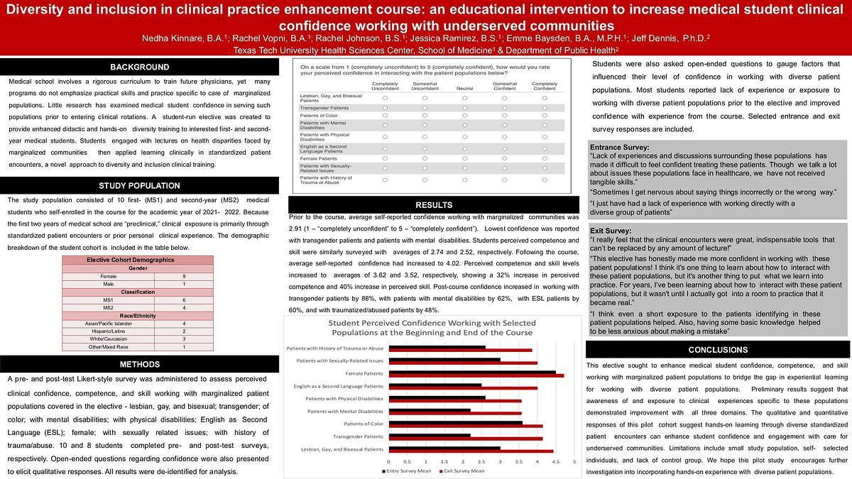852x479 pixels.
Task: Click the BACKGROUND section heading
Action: pyautogui.click(x=139, y=67)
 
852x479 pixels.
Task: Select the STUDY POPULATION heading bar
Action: pyautogui.click(x=139, y=186)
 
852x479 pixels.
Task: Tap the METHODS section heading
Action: pyautogui.click(x=139, y=364)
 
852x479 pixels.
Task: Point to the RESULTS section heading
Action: pyautogui.click(x=433, y=205)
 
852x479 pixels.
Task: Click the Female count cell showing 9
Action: pyautogui.click(x=185, y=276)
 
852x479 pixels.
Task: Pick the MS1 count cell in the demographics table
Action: pyautogui.click(x=185, y=299)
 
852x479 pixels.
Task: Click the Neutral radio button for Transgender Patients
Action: pyautogui.click(x=465, y=107)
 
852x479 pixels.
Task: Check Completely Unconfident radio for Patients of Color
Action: pyautogui.click(x=385, y=115)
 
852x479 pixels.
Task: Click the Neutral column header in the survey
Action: pyautogui.click(x=465, y=88)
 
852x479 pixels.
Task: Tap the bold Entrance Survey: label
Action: pyautogui.click(x=618, y=148)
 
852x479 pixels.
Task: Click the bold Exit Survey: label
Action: pyautogui.click(x=610, y=231)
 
